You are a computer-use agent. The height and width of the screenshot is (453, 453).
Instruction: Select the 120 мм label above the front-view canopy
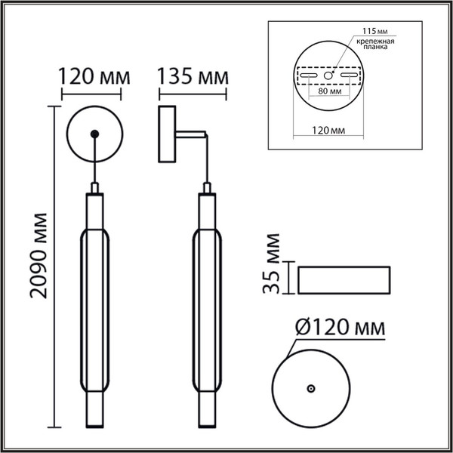pyautogui.click(x=94, y=77)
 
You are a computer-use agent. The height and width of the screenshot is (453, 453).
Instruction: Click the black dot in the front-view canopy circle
pyautogui.click(x=94, y=134)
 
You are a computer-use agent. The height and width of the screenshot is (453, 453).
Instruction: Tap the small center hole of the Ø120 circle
pyautogui.click(x=310, y=387)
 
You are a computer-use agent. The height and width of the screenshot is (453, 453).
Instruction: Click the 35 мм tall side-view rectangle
pyautogui.click(x=344, y=280)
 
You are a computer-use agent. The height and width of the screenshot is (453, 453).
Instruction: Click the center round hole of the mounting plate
pyautogui.click(x=328, y=76)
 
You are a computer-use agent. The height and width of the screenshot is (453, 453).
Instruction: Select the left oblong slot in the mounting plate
pyautogui.click(x=309, y=76)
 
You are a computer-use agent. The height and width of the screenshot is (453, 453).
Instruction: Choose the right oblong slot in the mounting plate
pyautogui.click(x=348, y=76)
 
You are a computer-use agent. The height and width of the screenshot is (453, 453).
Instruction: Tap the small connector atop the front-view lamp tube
pyautogui.click(x=94, y=187)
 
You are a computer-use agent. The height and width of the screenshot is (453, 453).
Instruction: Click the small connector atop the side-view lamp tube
pyautogui.click(x=206, y=187)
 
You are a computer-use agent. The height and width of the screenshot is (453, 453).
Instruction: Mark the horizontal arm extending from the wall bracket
pyautogui.click(x=191, y=134)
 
